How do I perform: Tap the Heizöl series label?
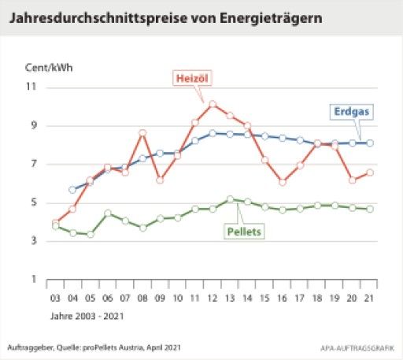tap(191, 77)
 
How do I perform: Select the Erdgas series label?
tap(351, 112)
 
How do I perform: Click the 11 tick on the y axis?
tap(33, 87)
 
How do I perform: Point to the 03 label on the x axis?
tap(55, 299)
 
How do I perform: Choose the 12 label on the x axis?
tap(212, 299)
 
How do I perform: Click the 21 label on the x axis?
tap(370, 299)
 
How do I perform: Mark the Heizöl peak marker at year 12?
tap(212, 103)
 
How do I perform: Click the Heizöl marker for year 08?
tap(142, 132)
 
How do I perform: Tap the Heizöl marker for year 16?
tap(282, 182)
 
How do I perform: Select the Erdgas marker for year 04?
tap(72, 189)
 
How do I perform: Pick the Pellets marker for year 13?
tap(230, 199)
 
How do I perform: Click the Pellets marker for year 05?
tap(91, 234)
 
